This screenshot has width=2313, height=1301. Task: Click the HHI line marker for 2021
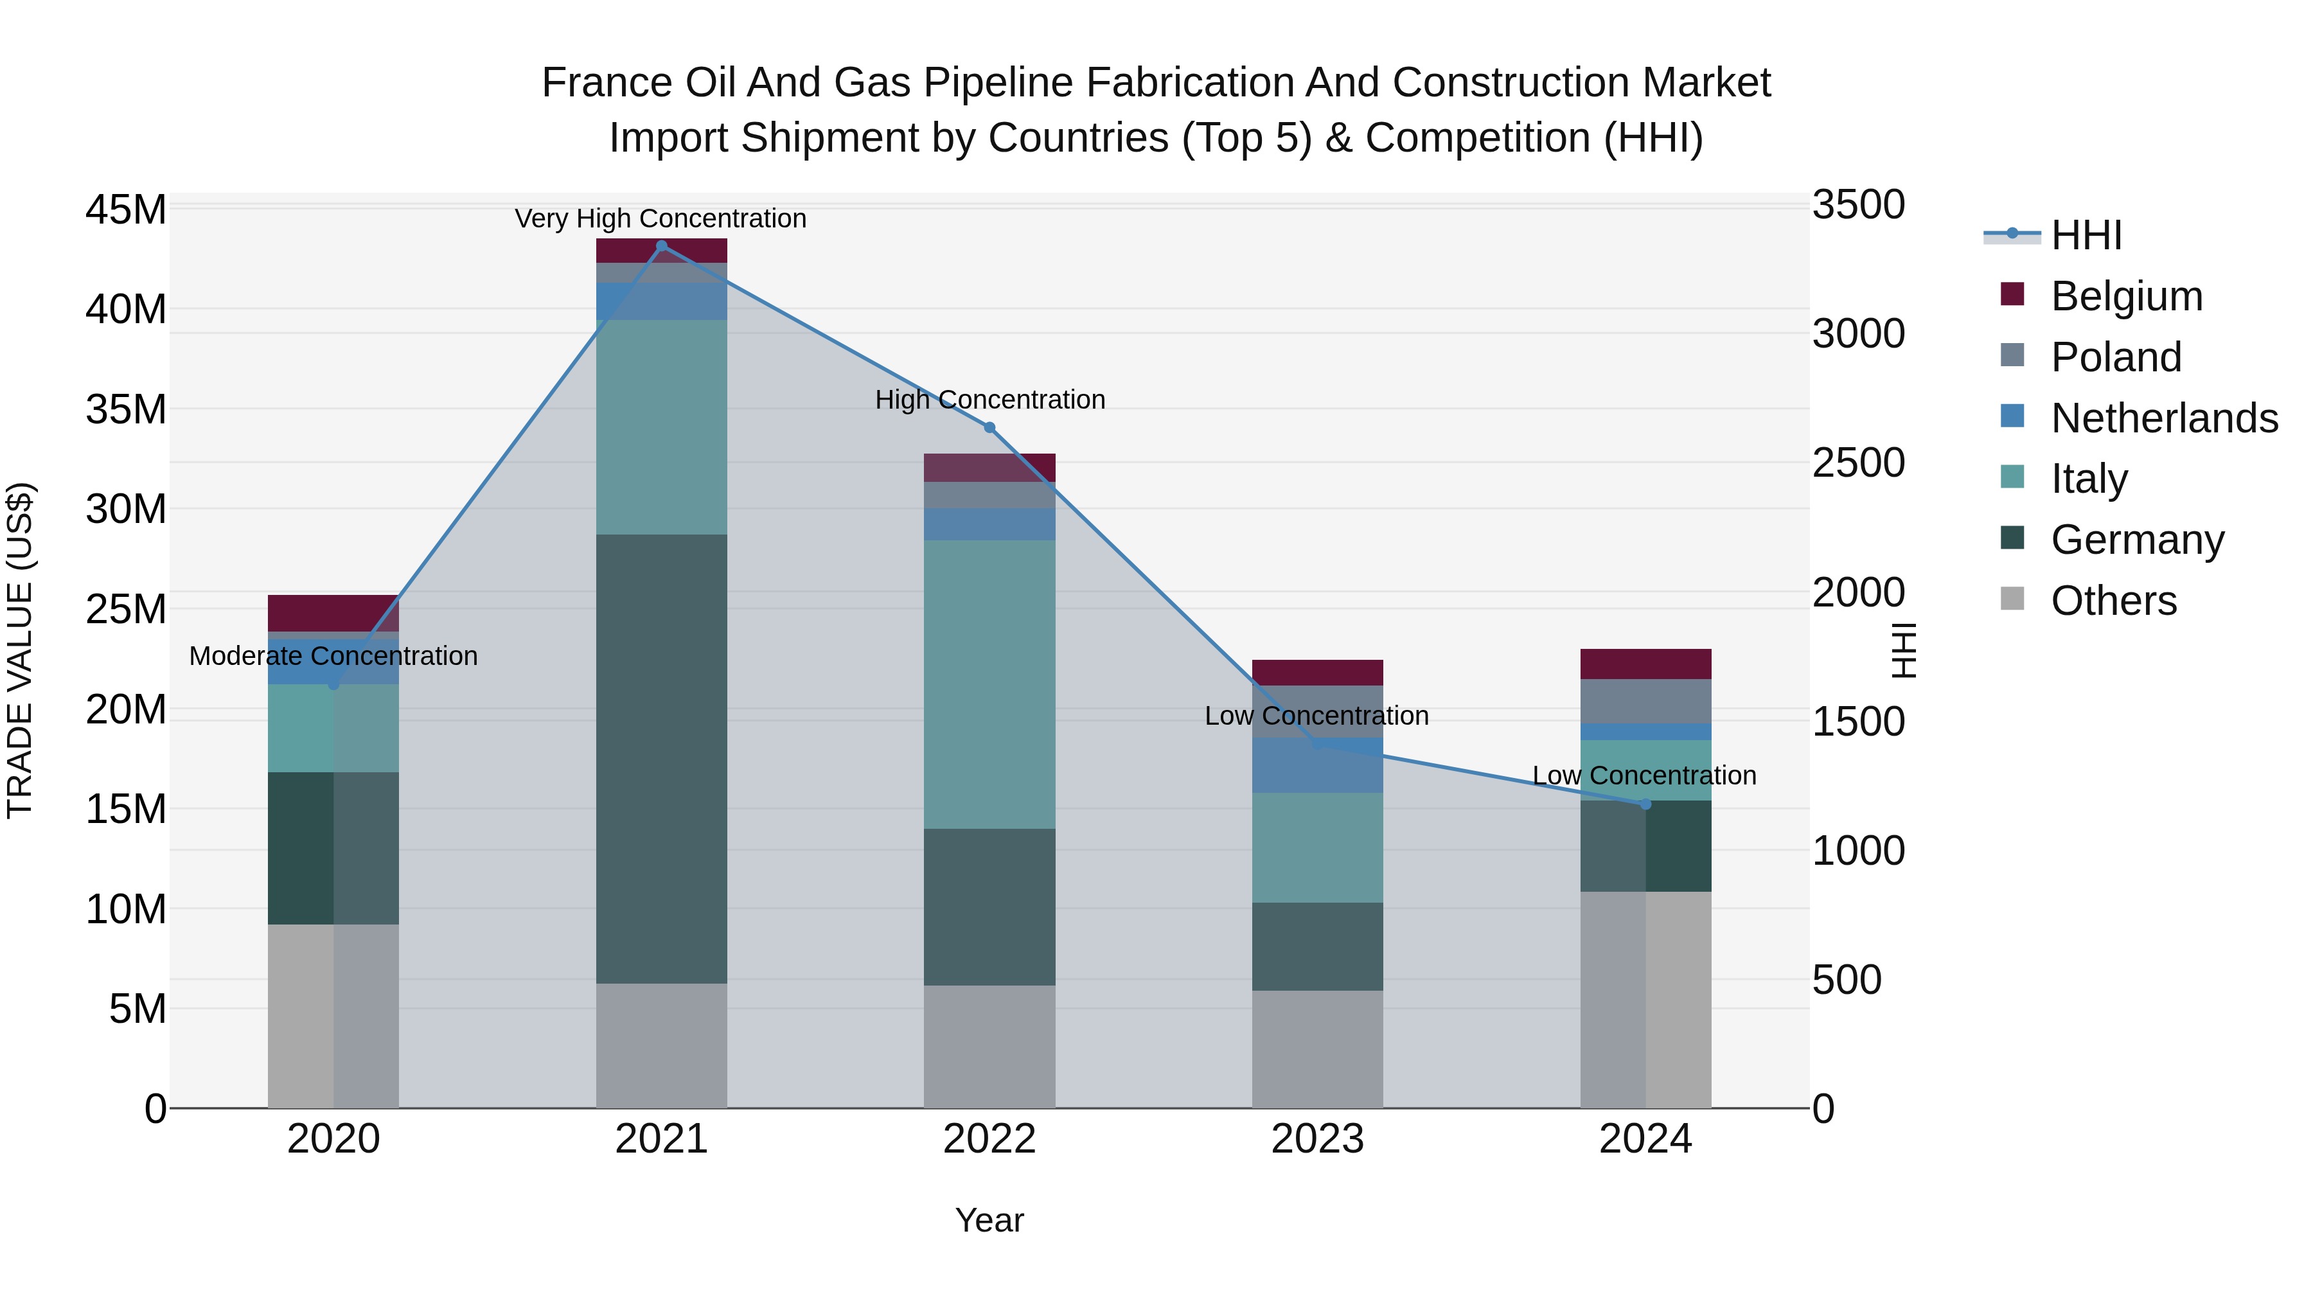662,246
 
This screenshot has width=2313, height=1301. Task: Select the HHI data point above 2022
989,427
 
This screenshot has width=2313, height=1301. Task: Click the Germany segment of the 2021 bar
662,759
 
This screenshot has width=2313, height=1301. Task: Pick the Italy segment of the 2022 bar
989,684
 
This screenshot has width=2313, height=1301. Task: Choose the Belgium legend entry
2126,296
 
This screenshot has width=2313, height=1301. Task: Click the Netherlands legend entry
2164,418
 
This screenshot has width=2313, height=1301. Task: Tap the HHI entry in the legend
2086,235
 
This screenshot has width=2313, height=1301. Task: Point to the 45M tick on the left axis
126,210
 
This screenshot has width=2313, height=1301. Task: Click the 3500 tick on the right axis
1857,205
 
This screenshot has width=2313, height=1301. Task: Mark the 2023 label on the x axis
1317,1139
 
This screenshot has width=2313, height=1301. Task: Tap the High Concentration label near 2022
989,400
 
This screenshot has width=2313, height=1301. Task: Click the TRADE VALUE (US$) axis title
20,650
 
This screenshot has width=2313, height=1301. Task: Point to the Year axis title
989,1220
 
